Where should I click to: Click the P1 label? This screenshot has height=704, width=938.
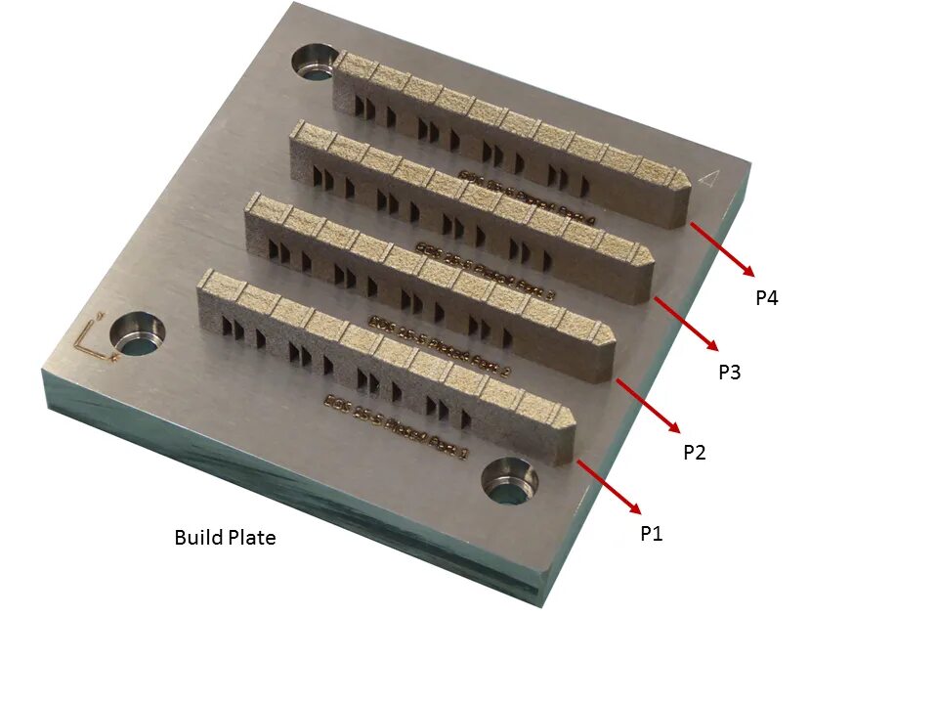(x=651, y=533)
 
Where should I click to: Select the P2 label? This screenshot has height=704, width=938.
(x=695, y=453)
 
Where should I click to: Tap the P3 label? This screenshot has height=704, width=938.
(x=730, y=372)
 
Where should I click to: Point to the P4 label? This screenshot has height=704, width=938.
(x=767, y=298)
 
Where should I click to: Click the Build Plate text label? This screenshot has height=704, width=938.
(x=225, y=537)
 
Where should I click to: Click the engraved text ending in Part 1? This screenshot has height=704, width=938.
(x=397, y=426)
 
